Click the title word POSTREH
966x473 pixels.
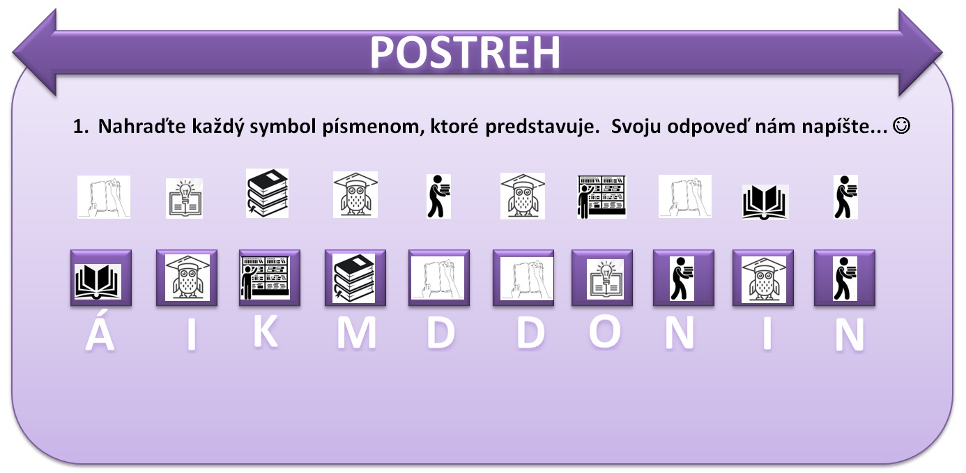pyautogui.click(x=465, y=52)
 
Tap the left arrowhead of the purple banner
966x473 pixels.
pyautogui.click(x=35, y=53)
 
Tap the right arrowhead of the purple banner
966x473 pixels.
pyautogui.click(x=920, y=53)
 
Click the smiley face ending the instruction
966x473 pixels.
pyautogui.click(x=901, y=126)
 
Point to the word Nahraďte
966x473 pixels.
pyautogui.click(x=142, y=126)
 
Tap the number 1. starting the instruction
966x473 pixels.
pyautogui.click(x=81, y=127)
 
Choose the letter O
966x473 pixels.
pyautogui.click(x=605, y=332)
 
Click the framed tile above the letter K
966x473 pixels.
pyautogui.click(x=270, y=278)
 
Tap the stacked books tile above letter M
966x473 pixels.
pyautogui.click(x=355, y=278)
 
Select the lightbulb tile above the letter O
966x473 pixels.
pyautogui.click(x=602, y=278)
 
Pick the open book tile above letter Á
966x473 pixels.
pyautogui.click(x=101, y=278)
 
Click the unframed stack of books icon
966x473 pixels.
pyautogui.click(x=268, y=193)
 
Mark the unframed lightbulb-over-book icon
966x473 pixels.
pyautogui.click(x=184, y=199)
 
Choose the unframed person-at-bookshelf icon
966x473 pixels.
pyautogui.click(x=601, y=196)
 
